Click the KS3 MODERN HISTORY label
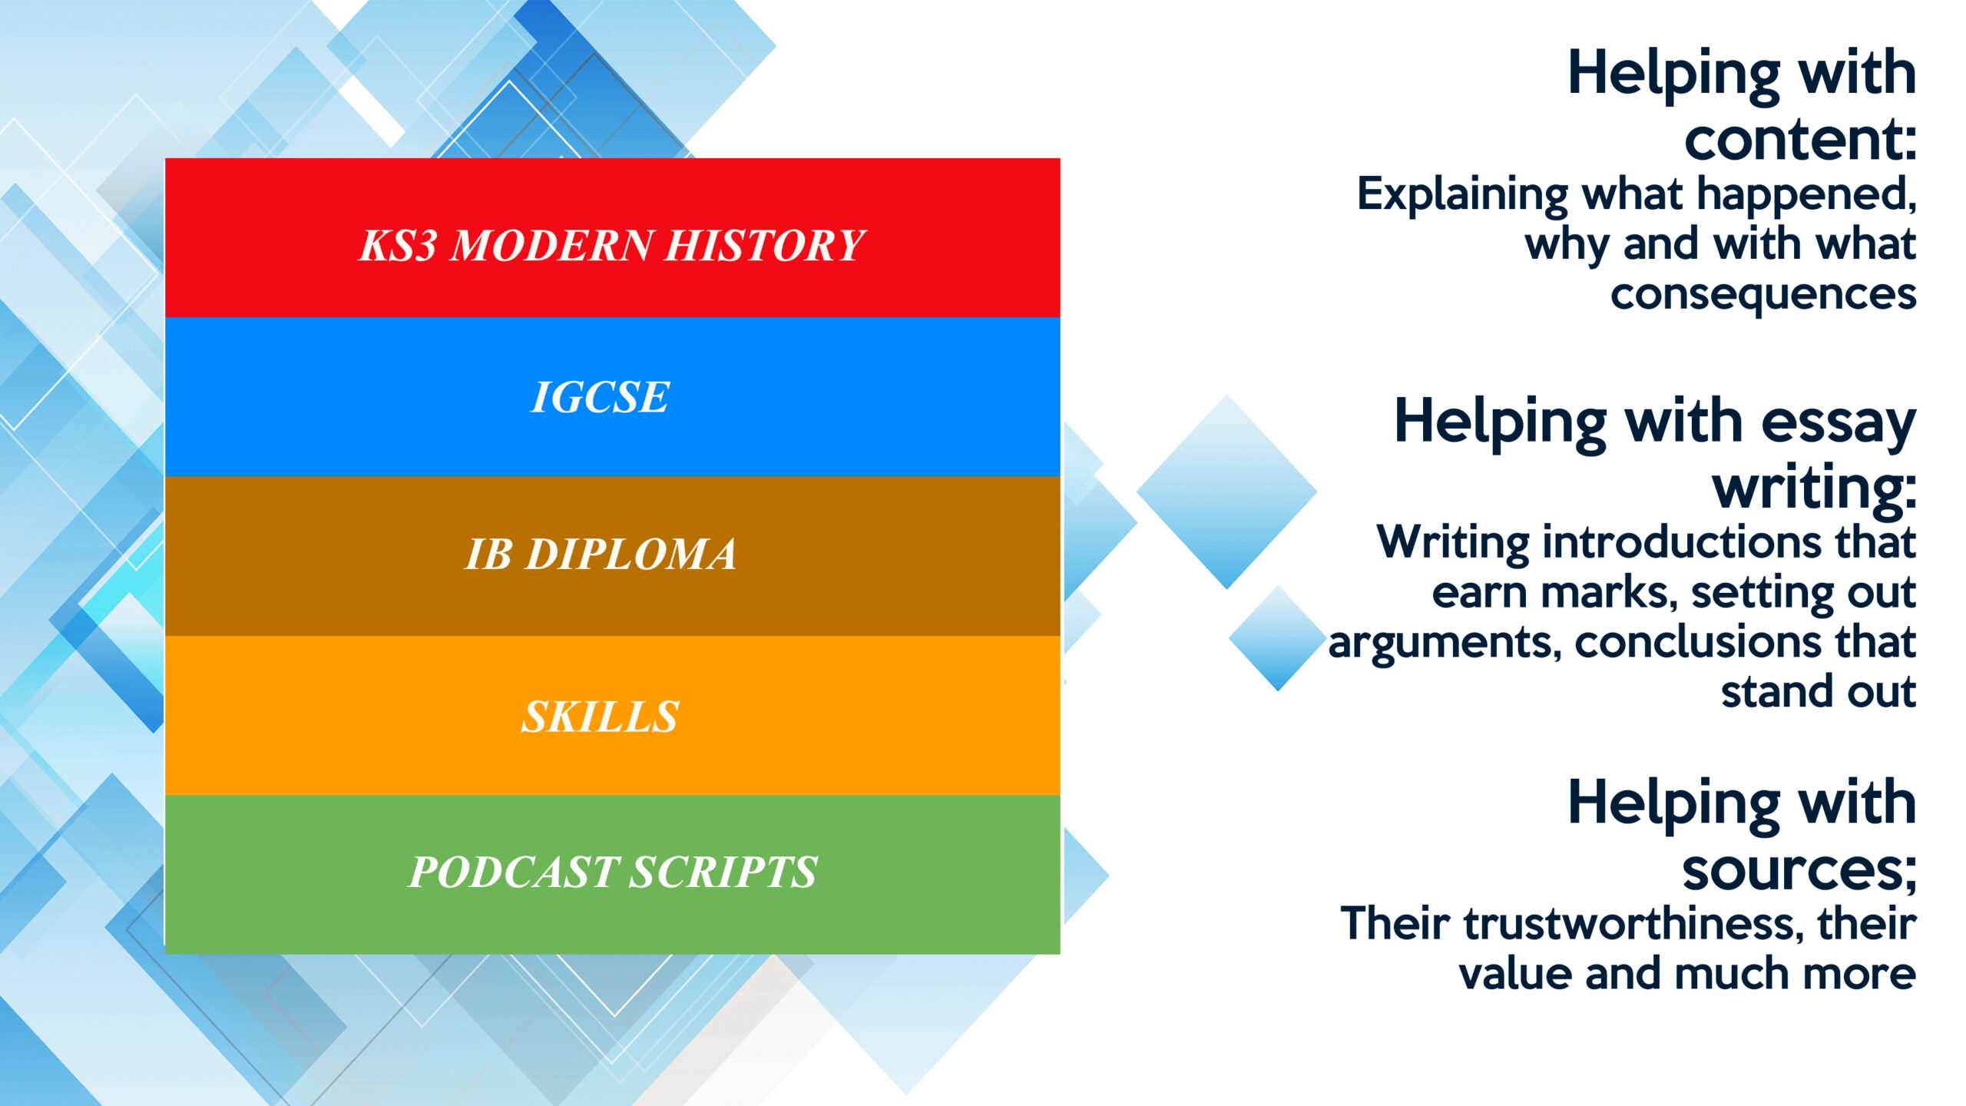point(612,246)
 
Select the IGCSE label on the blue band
point(600,397)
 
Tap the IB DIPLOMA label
point(601,554)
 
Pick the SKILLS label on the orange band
point(600,717)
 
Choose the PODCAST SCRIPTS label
point(612,872)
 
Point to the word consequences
point(1763,295)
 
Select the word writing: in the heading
point(1814,487)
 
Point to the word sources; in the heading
point(1799,870)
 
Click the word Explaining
point(1462,195)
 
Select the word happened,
point(1806,194)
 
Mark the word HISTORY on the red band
point(765,246)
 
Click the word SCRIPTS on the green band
point(724,872)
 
